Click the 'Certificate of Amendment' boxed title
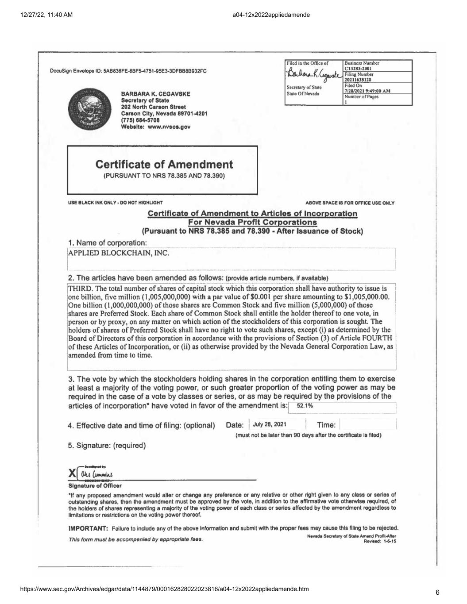pos(164,165)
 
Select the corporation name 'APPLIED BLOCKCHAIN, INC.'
pos(119,254)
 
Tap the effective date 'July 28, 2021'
pos(270,424)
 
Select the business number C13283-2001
pos(360,69)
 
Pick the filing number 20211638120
pos(359,80)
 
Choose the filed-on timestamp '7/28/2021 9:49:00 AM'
pos(367,91)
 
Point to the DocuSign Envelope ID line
pos(128,71)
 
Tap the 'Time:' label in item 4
pos(326,425)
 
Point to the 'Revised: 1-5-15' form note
pos(380,541)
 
